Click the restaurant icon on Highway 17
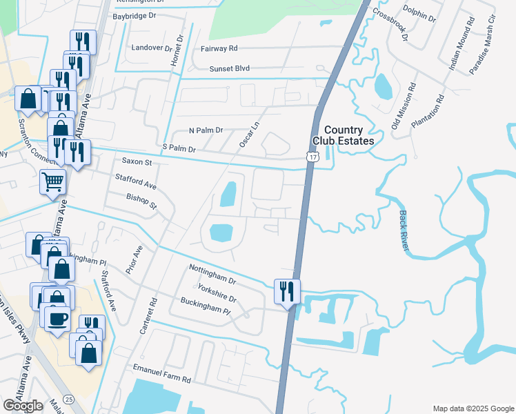tap(287, 290)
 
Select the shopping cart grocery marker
tap(53, 182)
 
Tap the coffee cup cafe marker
tap(57, 318)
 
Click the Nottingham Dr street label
tap(212, 272)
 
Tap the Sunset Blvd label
tap(230, 69)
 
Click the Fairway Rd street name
tap(219, 48)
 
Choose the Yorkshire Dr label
tap(217, 293)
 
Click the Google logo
tap(23, 406)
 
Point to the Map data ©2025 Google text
tap(472, 408)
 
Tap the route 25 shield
tap(68, 399)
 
